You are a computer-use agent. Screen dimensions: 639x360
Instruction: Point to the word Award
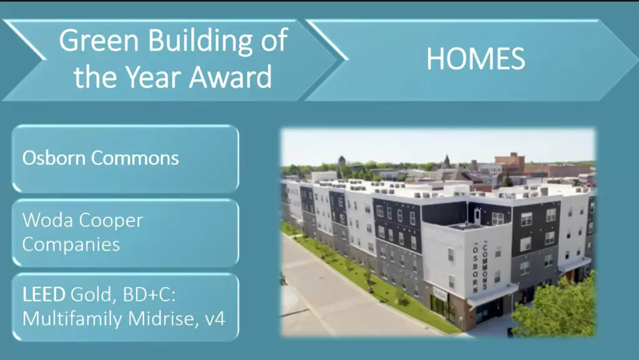tap(230, 77)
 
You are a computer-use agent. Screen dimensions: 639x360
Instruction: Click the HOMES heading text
tap(476, 59)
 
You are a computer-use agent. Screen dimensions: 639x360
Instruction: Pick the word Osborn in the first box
tap(54, 158)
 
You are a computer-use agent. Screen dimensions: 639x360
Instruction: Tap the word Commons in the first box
tap(135, 158)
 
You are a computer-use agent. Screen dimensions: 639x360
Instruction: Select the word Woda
tap(47, 220)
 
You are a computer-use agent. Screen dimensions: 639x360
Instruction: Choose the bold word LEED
tap(44, 294)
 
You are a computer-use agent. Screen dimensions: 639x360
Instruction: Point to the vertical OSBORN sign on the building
tap(475, 269)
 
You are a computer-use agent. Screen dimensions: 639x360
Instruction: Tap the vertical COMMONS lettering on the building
tap(485, 266)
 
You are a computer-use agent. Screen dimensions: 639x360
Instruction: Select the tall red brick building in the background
tap(510, 163)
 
